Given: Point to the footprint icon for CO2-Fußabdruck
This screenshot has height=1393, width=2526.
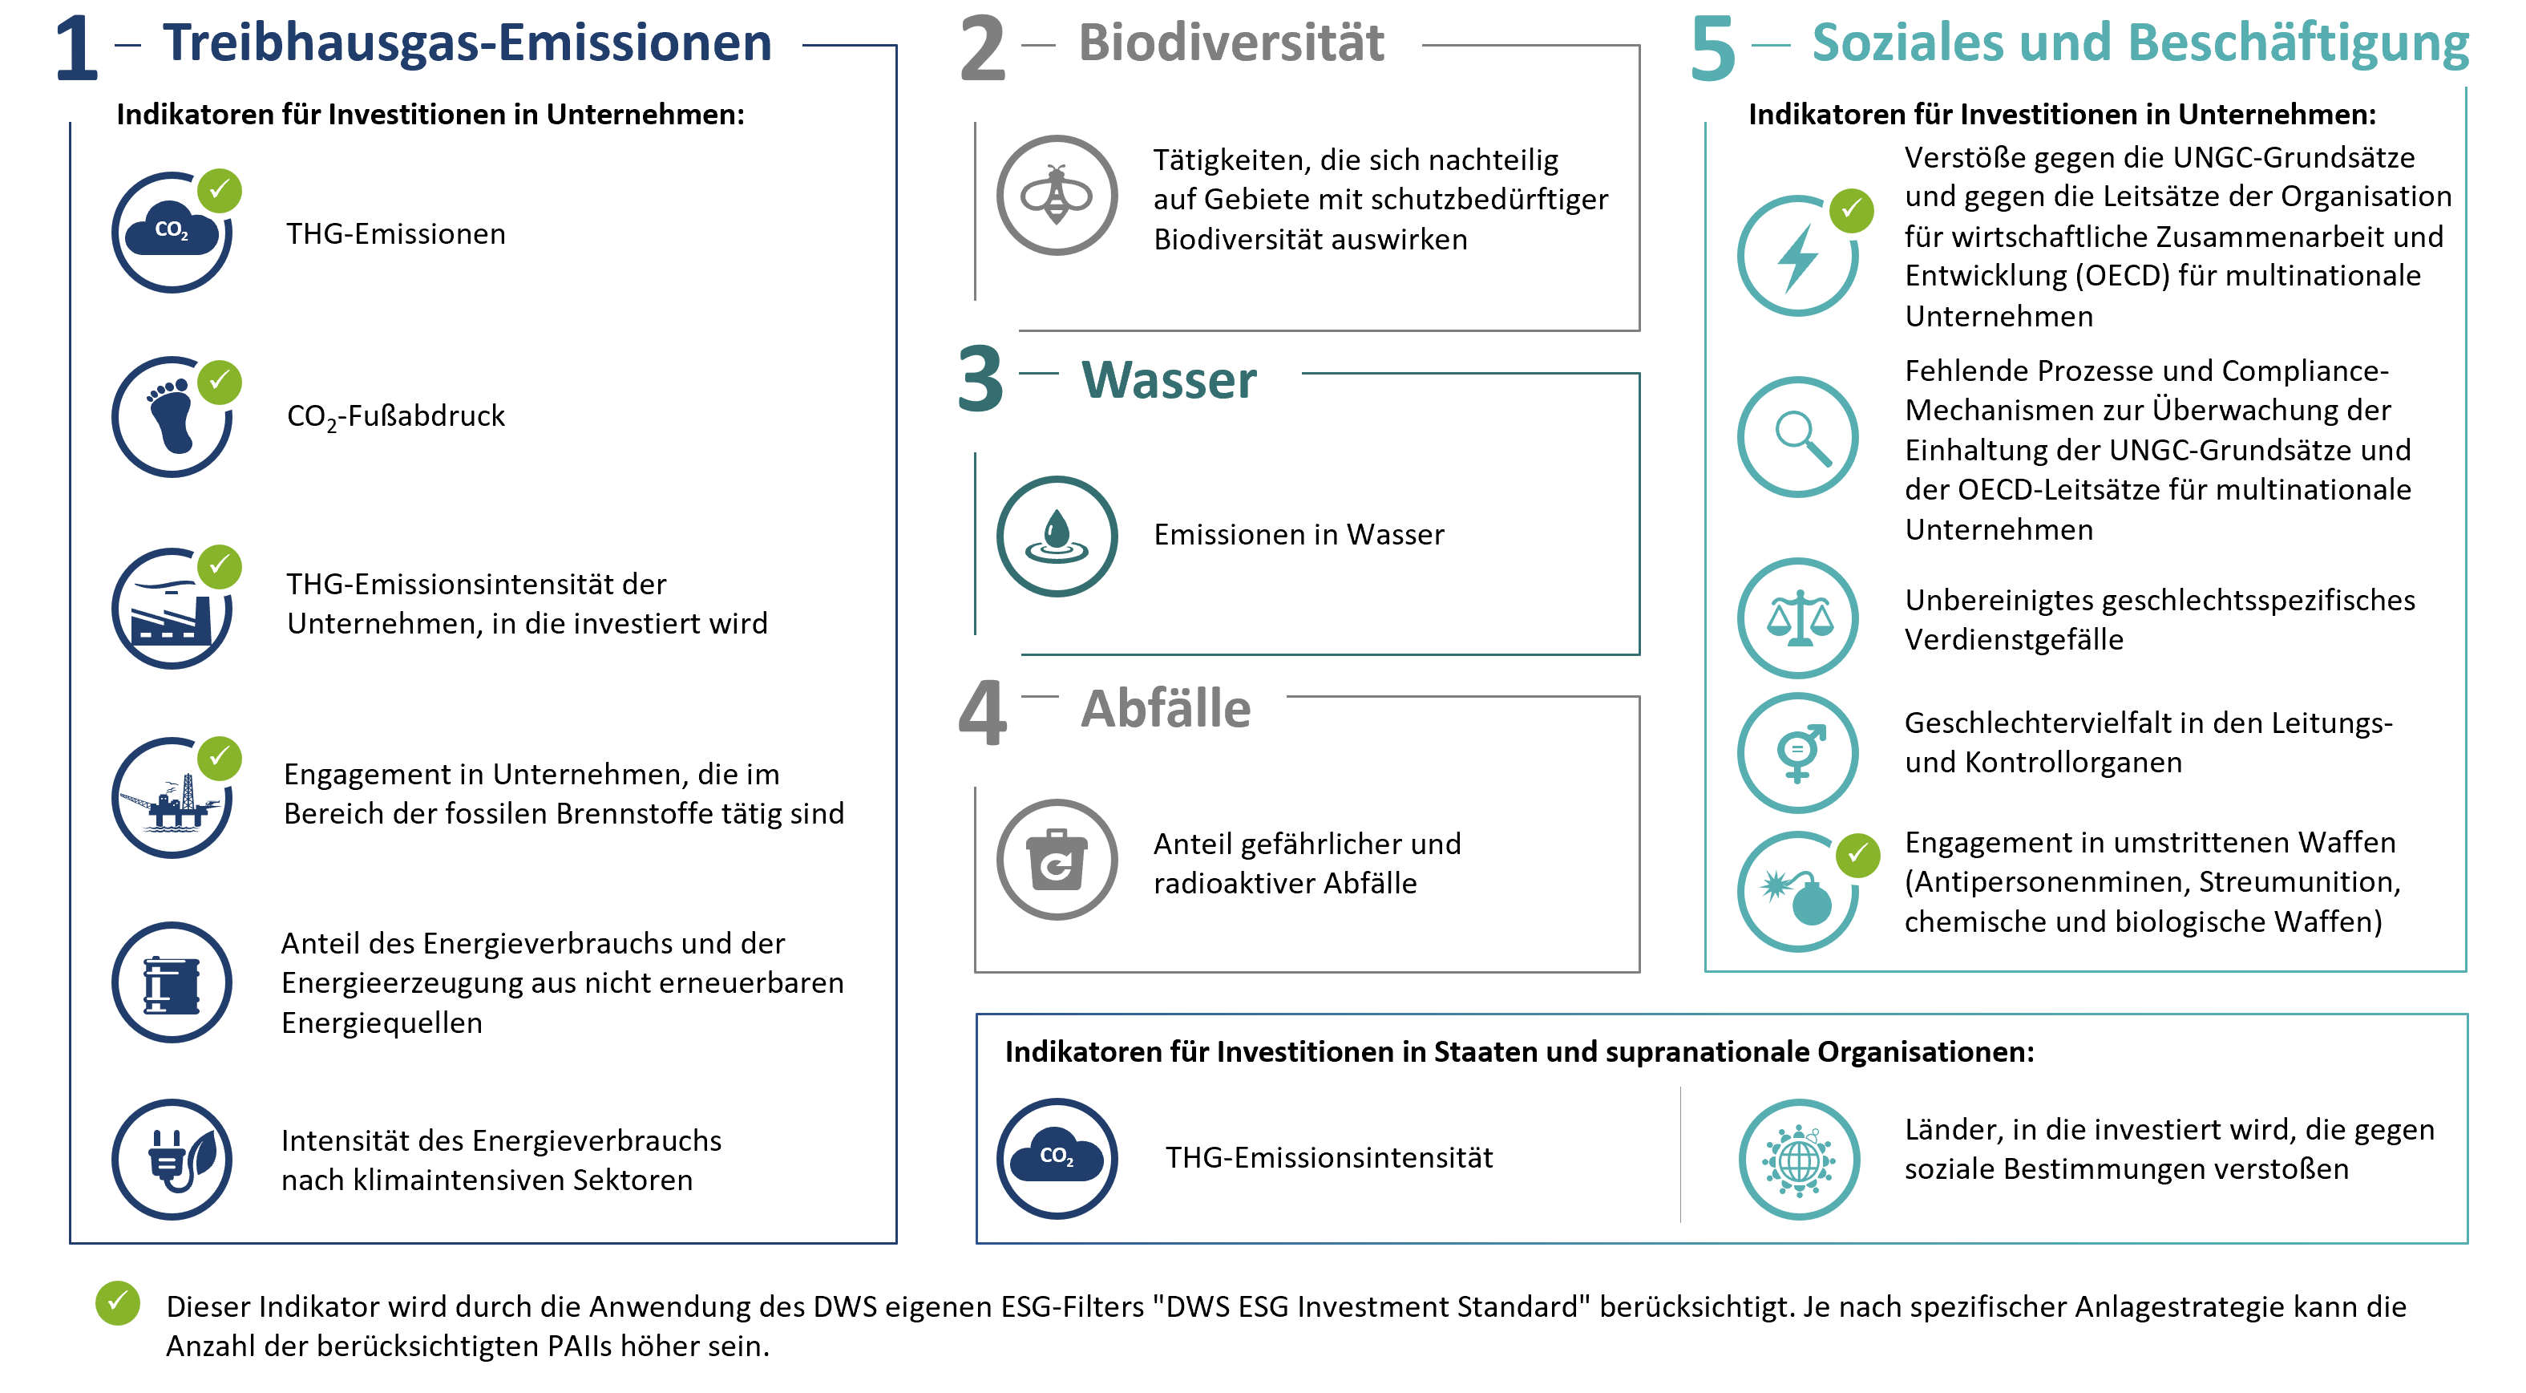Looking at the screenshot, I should tap(172, 417).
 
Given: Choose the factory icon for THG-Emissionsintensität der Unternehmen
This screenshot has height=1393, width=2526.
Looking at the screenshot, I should tap(172, 608).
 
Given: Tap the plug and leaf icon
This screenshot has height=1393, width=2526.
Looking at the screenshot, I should tap(172, 1159).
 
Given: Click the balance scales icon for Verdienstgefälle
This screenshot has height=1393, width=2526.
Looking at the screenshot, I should tap(1797, 618).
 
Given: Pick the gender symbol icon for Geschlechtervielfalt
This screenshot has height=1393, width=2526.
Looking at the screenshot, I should tap(1797, 752).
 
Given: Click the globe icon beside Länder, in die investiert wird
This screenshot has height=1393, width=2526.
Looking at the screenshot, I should tap(1798, 1160).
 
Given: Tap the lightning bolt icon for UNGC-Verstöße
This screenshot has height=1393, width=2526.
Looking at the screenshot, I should tap(1797, 256).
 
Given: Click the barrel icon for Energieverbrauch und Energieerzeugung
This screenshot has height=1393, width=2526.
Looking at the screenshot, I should tap(172, 982).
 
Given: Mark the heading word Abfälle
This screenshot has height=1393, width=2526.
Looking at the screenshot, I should tap(1165, 708).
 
